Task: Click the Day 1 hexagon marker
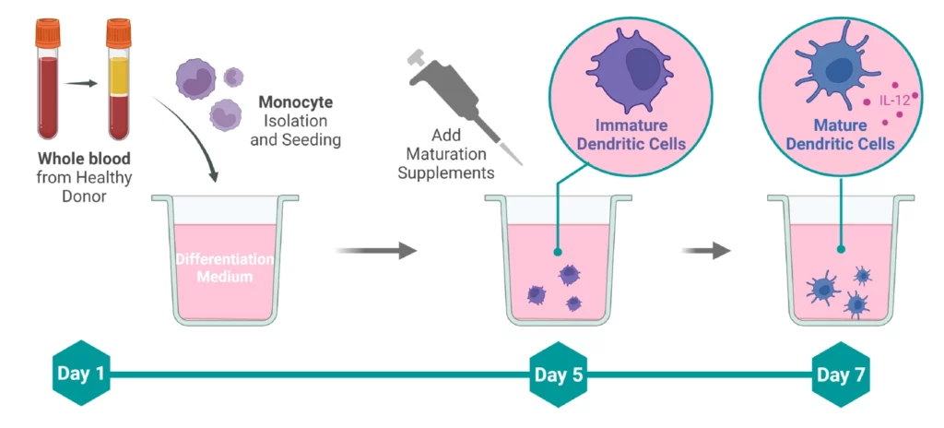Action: click(81, 374)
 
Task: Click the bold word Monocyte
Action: click(295, 101)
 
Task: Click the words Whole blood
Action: click(83, 159)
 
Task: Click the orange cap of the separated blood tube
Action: click(118, 34)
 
